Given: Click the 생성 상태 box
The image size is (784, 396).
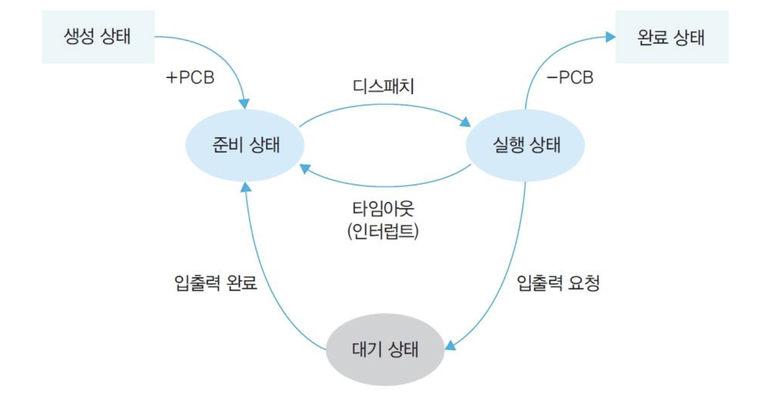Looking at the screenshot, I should pos(98,37).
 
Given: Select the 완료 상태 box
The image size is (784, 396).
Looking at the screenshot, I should pos(671,37).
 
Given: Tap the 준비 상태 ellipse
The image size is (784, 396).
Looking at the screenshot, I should pos(245,145).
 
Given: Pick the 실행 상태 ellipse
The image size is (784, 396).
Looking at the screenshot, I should pos(525,145).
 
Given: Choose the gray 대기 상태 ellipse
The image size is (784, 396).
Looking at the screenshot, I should pos(385,349).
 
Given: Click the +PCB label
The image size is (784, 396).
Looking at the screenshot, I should pos(190,77).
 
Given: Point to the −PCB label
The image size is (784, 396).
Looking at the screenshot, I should pos(570,77).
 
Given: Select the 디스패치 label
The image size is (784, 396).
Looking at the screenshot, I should pos(383,86).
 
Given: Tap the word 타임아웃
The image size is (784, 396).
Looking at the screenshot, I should pos(383,208).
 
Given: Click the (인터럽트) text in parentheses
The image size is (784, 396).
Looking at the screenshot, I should pos(383,231).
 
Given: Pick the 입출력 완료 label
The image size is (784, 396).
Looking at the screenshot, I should pos(216,283).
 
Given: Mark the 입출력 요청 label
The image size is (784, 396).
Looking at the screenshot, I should pos(558,283).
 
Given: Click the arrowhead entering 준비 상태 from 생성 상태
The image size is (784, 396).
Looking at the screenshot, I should pos(244,104).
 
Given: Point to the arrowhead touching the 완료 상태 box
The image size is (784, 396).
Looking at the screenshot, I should pos(610,36).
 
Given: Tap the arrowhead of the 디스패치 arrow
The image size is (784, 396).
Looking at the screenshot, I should pos(466,122).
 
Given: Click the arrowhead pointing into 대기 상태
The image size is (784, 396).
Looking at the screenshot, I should pos(450,345).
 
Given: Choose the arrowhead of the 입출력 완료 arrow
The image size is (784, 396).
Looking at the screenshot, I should pos(245,187).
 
